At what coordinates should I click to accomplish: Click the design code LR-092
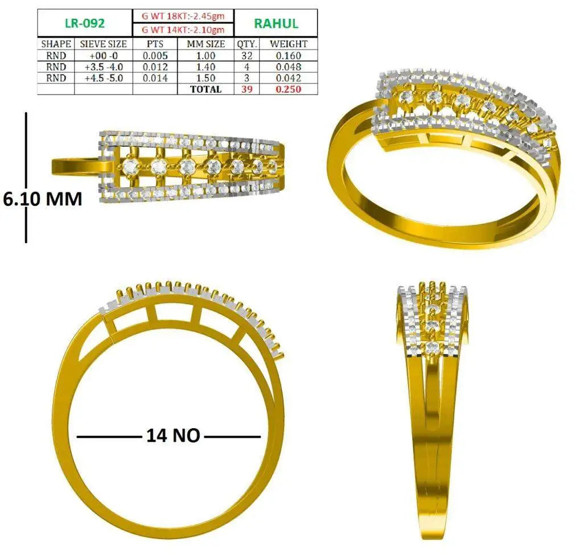[85, 23]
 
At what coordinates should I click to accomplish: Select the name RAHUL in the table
[276, 23]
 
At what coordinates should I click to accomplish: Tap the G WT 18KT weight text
[183, 16]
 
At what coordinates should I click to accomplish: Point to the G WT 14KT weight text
[183, 30]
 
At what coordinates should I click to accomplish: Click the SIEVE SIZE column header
[104, 44]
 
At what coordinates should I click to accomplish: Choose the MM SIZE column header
[206, 44]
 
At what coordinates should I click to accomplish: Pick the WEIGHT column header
[289, 44]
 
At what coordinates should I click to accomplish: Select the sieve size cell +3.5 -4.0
[104, 67]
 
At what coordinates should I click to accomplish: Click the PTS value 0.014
[155, 78]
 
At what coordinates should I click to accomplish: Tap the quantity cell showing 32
[247, 56]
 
